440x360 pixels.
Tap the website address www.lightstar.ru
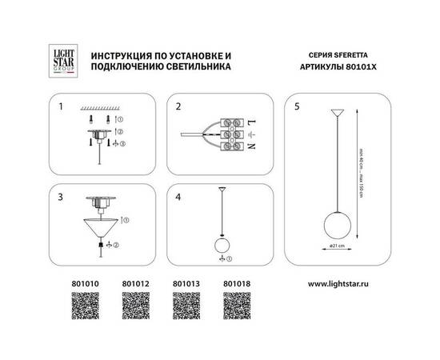click(x=338, y=282)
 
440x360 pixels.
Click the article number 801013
click(x=186, y=282)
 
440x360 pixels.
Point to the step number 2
click(x=180, y=106)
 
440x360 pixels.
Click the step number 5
click(x=298, y=106)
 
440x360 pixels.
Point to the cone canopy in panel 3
click(x=102, y=227)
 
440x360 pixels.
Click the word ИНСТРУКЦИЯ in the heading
click(x=123, y=54)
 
